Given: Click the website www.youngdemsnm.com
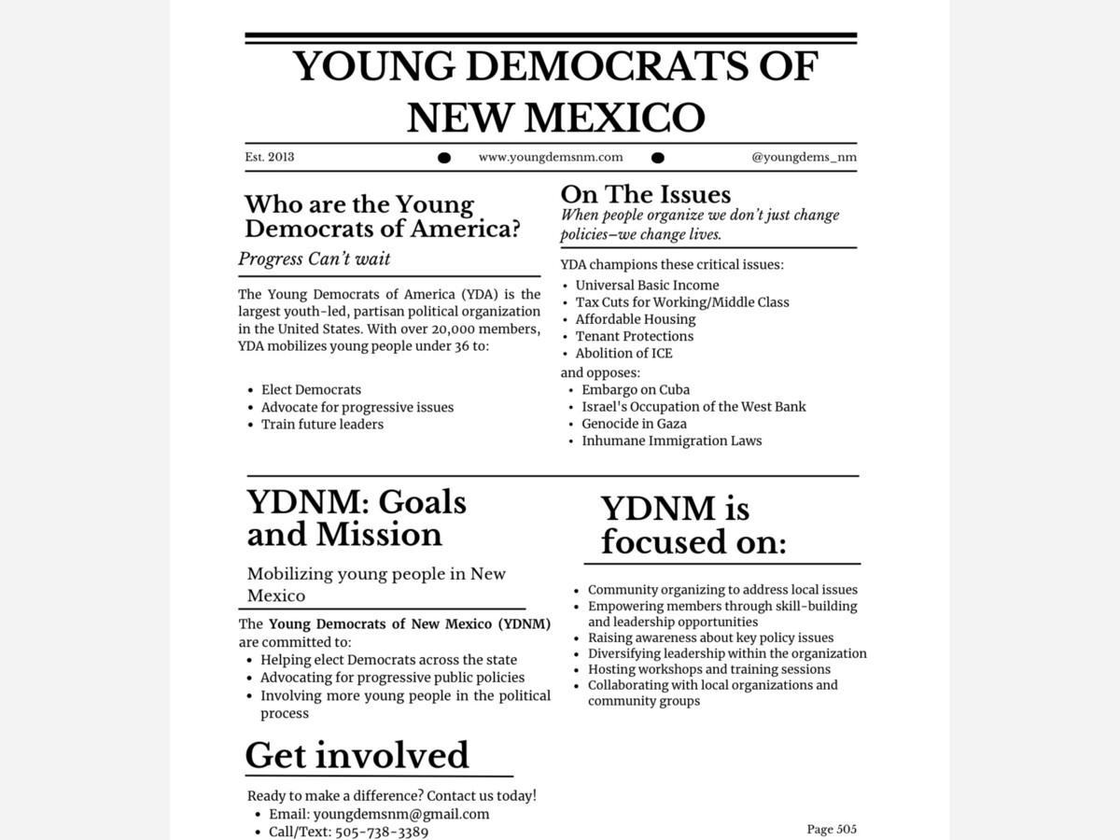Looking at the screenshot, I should click(x=551, y=157).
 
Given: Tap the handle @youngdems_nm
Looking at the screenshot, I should click(x=804, y=157).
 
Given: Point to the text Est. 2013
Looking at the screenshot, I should click(x=270, y=157).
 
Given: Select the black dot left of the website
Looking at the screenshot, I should click(x=444, y=158).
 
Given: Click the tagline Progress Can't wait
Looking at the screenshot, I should click(x=315, y=259).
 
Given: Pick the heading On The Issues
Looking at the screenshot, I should click(x=646, y=194).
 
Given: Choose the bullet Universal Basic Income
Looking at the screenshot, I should click(x=647, y=286).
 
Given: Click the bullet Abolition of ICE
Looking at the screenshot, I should click(x=623, y=354).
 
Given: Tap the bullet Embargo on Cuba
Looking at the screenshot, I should click(x=636, y=390).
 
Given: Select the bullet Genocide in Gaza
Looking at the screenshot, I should click(x=634, y=424).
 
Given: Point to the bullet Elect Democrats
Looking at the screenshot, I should click(x=311, y=390).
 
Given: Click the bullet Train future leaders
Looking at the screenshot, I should click(x=322, y=425).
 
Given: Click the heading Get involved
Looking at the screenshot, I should click(x=357, y=755).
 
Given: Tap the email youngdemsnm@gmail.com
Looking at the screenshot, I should click(x=401, y=814).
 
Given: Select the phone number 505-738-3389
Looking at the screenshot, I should click(x=382, y=832).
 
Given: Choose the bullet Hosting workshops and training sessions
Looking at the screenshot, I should click(x=708, y=669).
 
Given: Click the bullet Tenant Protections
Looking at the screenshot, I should click(x=635, y=336).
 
